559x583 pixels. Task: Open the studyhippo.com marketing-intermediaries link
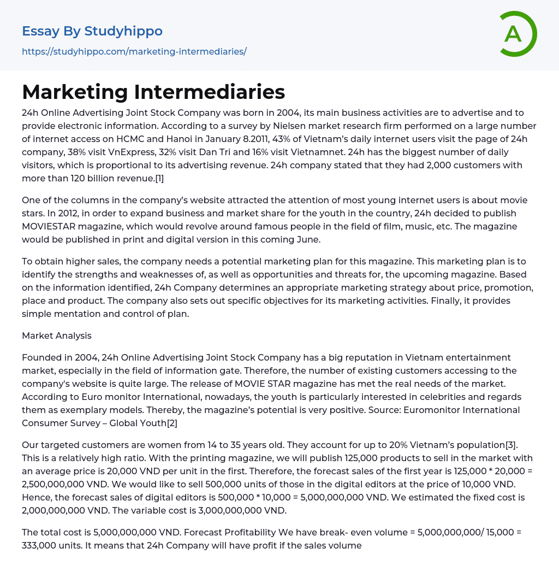click(134, 51)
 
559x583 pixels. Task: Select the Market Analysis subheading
click(57, 335)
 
